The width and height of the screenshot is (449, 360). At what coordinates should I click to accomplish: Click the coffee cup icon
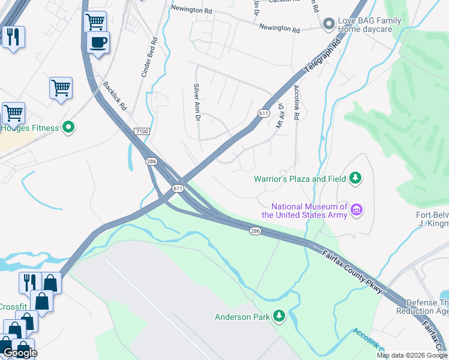tap(98, 42)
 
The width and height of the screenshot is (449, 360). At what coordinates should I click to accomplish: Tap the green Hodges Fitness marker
tap(69, 128)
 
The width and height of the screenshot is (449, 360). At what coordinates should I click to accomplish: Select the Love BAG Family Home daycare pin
tap(328, 24)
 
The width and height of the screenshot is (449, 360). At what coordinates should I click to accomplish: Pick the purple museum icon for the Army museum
tap(357, 210)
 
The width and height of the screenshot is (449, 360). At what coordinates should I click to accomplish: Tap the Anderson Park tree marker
tap(279, 316)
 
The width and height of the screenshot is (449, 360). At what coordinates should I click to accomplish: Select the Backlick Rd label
tap(115, 97)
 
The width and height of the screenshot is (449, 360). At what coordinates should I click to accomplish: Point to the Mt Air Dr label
tap(280, 116)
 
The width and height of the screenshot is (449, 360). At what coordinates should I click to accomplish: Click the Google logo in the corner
tap(20, 353)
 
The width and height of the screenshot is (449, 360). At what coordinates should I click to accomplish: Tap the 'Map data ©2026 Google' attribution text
tap(412, 355)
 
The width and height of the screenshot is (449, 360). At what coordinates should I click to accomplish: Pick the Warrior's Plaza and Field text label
tap(300, 179)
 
